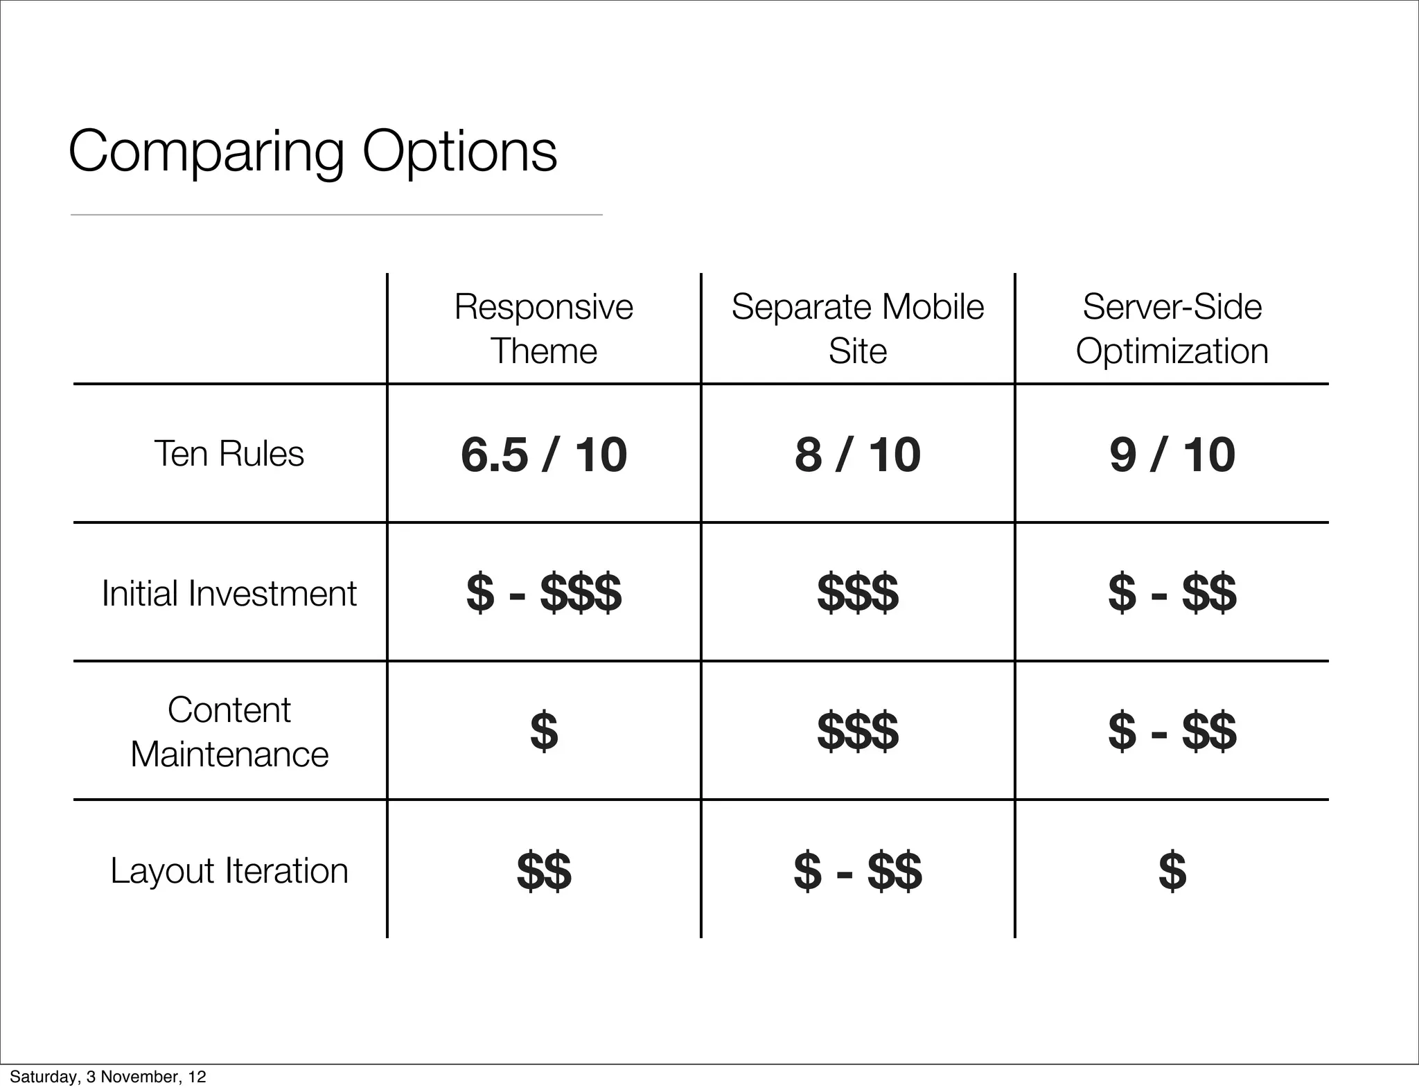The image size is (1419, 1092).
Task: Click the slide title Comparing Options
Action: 312,152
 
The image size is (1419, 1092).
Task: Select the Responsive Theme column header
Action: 544,328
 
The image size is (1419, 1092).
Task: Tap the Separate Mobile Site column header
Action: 858,328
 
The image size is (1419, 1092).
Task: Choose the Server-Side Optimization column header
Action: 1172,328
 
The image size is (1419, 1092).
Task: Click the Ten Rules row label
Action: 229,454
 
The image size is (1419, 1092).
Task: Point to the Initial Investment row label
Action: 229,593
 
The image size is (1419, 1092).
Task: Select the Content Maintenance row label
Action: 229,732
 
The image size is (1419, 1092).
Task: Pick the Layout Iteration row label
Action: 229,871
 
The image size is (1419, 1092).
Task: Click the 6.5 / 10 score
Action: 544,455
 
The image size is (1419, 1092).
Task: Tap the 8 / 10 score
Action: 858,455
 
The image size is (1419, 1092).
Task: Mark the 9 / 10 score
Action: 1172,455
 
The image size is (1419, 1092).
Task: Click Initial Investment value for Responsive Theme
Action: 544,593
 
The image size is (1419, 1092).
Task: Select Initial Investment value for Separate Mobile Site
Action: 858,593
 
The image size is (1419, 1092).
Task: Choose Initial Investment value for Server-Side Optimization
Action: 1172,593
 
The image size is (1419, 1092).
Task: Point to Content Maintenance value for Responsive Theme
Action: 544,732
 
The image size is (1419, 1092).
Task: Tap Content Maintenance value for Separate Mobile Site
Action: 858,732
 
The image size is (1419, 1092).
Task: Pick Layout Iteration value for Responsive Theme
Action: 544,871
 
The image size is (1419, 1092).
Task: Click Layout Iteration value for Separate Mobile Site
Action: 858,871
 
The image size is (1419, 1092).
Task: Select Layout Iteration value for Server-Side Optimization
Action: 1172,871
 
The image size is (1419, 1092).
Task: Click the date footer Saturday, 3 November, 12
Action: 108,1077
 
